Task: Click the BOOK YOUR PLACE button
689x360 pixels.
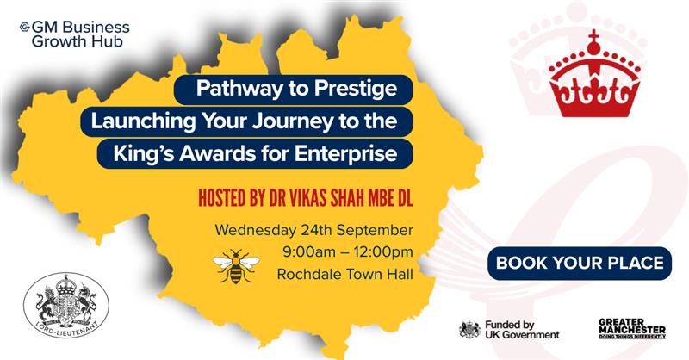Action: (x=580, y=263)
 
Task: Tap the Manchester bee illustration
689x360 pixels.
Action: (x=236, y=266)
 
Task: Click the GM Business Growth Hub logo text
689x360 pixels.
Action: (x=75, y=34)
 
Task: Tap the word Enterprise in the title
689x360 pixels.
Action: (x=346, y=154)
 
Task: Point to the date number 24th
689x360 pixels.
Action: (x=316, y=230)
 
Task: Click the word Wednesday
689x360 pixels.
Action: (x=256, y=230)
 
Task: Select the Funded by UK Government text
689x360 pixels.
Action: (x=522, y=330)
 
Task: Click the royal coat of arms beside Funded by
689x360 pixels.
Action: (x=469, y=330)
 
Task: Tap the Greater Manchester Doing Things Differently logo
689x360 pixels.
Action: (x=632, y=329)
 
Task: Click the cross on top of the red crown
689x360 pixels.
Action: (x=594, y=34)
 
